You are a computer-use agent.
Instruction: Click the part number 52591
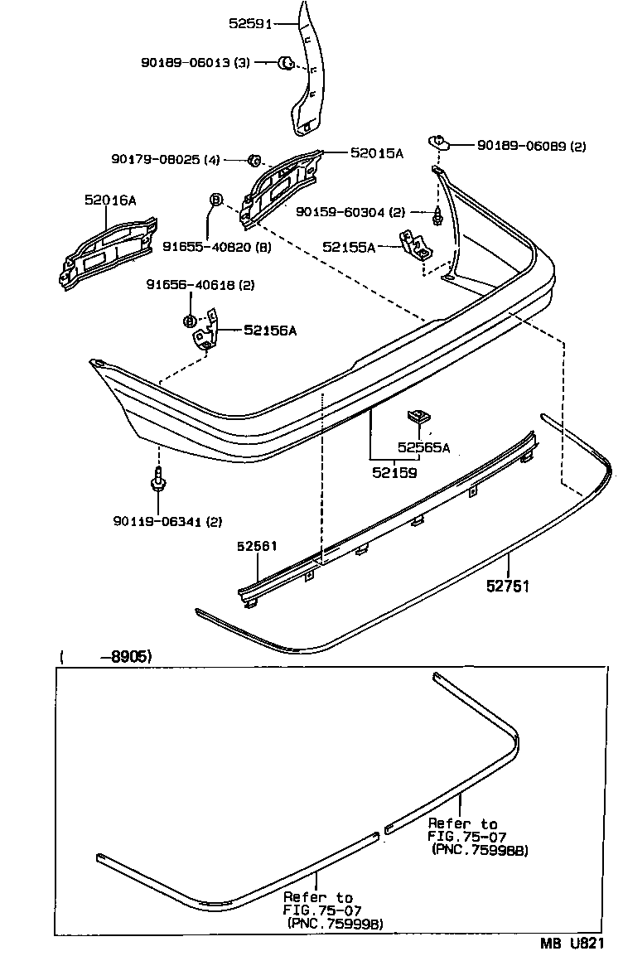click(x=250, y=24)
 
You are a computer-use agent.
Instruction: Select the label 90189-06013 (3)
click(x=196, y=62)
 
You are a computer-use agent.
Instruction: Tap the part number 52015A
click(x=376, y=153)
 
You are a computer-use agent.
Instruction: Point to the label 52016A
click(x=110, y=200)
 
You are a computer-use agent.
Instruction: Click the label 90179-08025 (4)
click(x=166, y=159)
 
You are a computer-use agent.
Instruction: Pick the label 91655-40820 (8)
click(x=216, y=246)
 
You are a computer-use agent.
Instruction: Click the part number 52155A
click(x=349, y=247)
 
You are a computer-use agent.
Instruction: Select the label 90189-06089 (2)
click(x=531, y=146)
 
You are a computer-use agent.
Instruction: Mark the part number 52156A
click(x=270, y=330)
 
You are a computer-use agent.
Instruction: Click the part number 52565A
click(x=423, y=447)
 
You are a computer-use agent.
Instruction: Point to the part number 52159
click(x=394, y=472)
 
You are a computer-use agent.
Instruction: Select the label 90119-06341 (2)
click(x=168, y=521)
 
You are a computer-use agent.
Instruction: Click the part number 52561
click(x=257, y=546)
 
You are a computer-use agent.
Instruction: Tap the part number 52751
click(x=507, y=586)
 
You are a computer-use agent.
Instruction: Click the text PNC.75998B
click(x=481, y=851)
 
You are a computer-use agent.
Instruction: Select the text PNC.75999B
click(x=336, y=924)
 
